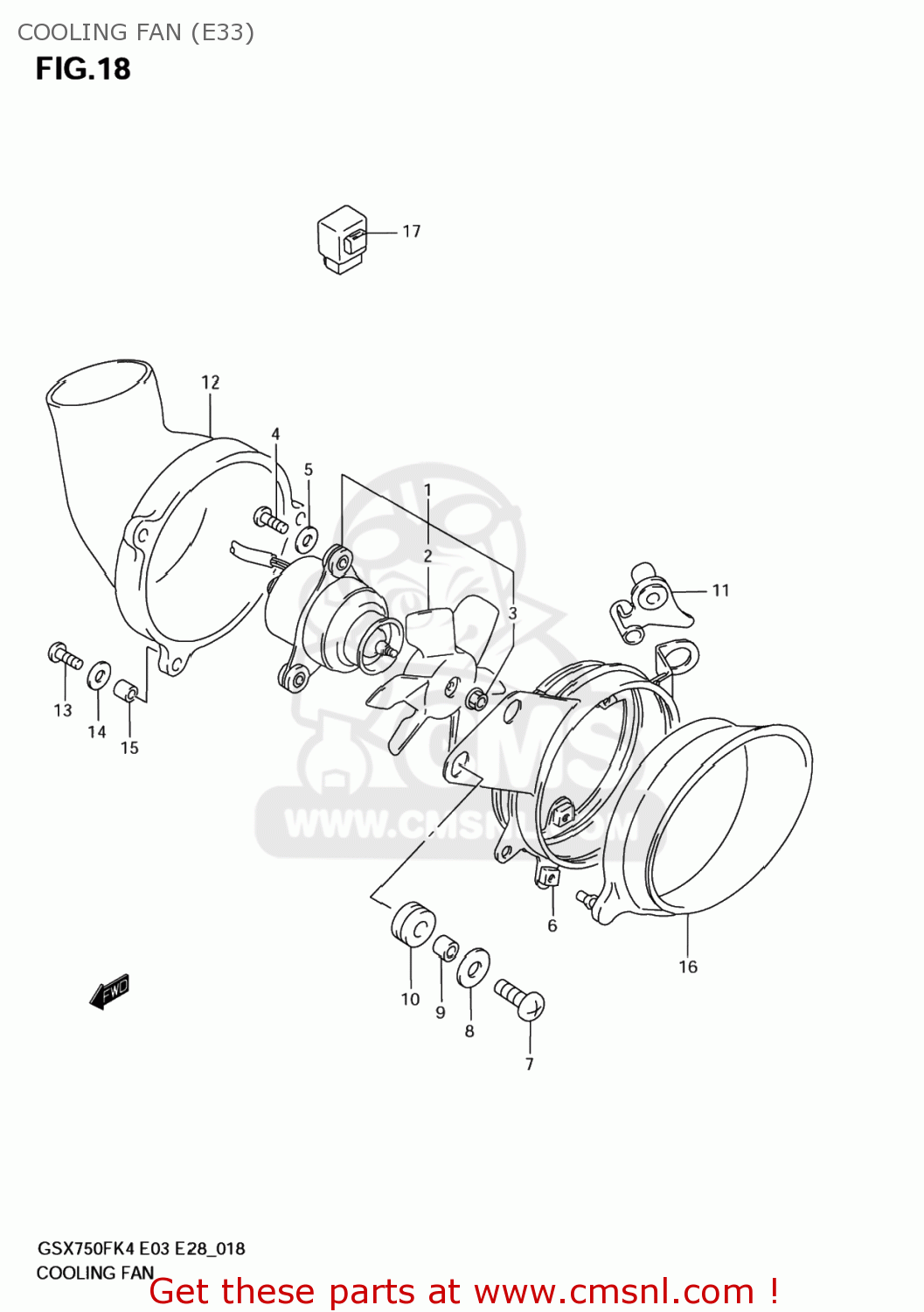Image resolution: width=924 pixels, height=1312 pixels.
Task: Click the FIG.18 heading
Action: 83,69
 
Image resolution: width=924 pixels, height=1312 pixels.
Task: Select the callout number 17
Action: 412,232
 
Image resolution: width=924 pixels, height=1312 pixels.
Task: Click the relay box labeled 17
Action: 342,239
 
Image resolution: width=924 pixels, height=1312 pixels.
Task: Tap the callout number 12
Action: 211,382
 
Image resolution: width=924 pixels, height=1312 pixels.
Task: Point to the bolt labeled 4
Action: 271,521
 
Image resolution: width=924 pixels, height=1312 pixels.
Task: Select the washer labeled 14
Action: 99,674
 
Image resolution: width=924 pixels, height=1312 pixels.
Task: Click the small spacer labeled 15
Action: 128,687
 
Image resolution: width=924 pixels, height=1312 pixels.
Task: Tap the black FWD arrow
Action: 110,992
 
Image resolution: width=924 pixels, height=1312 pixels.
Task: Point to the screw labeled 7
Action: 521,999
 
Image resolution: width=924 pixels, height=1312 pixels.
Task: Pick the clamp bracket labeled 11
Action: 650,603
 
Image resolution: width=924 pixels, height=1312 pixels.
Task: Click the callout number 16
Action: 688,967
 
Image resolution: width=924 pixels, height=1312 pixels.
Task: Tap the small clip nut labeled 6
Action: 548,876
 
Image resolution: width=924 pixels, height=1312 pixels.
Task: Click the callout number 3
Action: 513,614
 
